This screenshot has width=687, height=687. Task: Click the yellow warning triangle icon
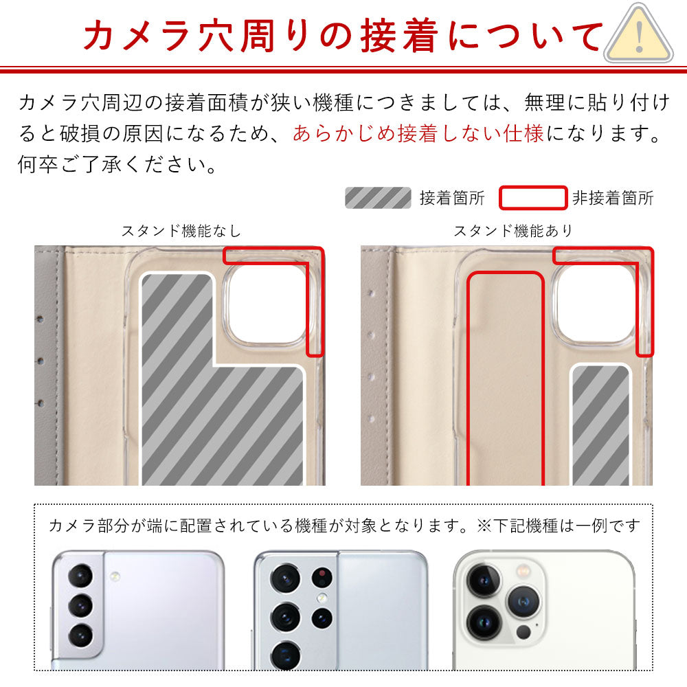pyautogui.click(x=640, y=34)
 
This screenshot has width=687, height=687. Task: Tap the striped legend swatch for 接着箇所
pyautogui.click(x=377, y=198)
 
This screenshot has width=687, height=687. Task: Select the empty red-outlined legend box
pyautogui.click(x=532, y=198)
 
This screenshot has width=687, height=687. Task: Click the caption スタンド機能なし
pyautogui.click(x=181, y=231)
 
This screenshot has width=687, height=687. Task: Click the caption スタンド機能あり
pyautogui.click(x=513, y=231)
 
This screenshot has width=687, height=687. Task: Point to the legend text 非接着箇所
pyautogui.click(x=613, y=199)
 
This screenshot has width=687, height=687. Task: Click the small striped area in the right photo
pyautogui.click(x=600, y=426)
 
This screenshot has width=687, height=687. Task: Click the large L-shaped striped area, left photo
pyautogui.click(x=206, y=412)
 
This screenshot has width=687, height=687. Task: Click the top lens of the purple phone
pyautogui.click(x=81, y=576)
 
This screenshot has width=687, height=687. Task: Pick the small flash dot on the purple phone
pyautogui.click(x=114, y=575)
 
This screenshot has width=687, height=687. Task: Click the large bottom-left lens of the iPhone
pyautogui.click(x=483, y=622)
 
